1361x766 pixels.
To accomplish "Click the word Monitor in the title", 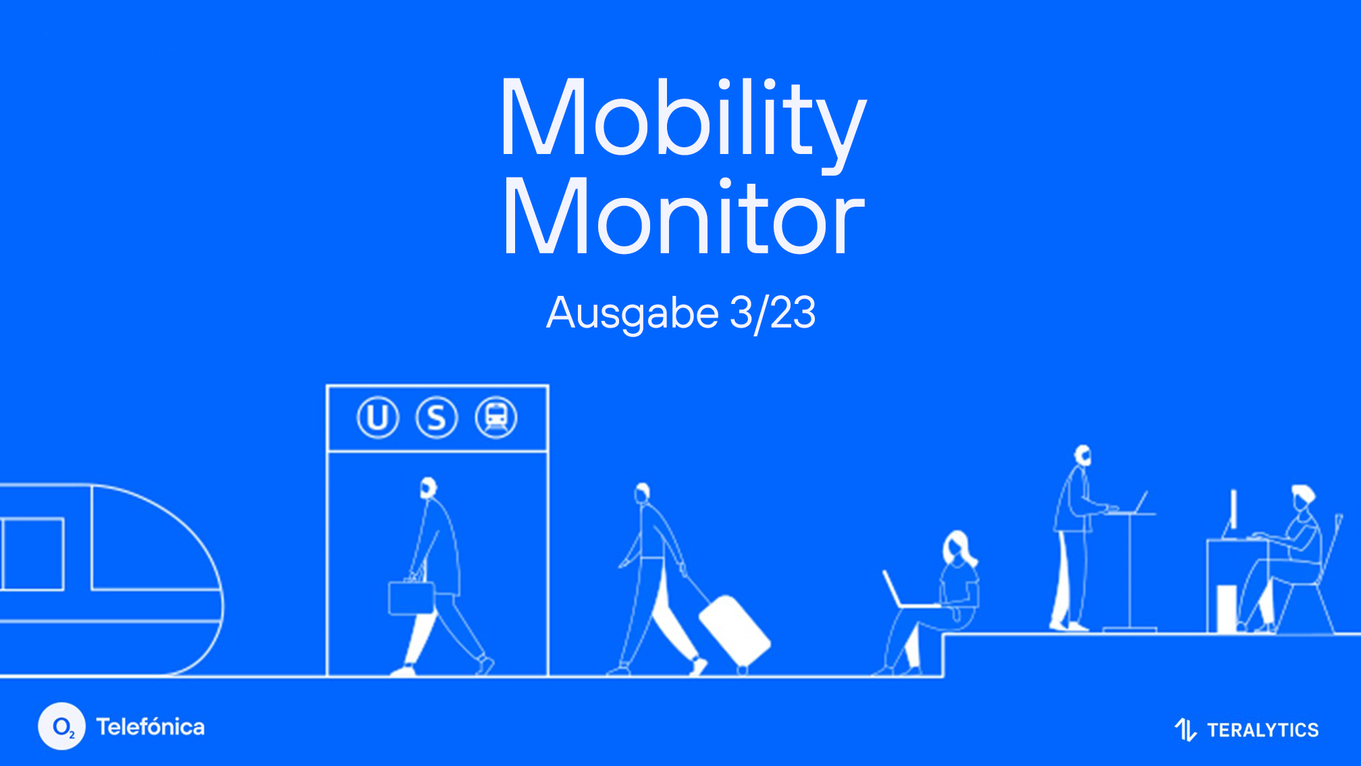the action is tap(683, 218).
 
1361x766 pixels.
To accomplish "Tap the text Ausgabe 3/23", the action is tap(680, 313).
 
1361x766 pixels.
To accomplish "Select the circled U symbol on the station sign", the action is tap(377, 417).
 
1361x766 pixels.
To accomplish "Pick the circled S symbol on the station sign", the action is tap(437, 417).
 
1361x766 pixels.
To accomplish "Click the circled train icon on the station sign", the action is tap(496, 417).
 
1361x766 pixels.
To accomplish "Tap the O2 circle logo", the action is tap(62, 727).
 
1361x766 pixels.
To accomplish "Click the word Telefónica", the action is tap(151, 727).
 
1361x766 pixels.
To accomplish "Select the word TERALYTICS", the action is tap(1262, 730).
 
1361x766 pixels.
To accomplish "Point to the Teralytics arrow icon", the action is tap(1186, 730).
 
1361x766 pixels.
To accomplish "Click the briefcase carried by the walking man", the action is tap(411, 598).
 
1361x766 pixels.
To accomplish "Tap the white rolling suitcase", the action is tap(734, 630).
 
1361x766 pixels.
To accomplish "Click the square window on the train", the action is tap(33, 554).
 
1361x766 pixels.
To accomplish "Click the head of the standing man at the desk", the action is tap(1083, 455).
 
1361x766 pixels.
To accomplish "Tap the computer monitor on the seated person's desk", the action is tap(1233, 511).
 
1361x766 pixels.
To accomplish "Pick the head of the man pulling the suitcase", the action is tap(643, 493).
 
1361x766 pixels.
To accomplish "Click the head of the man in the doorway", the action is tap(428, 488).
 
